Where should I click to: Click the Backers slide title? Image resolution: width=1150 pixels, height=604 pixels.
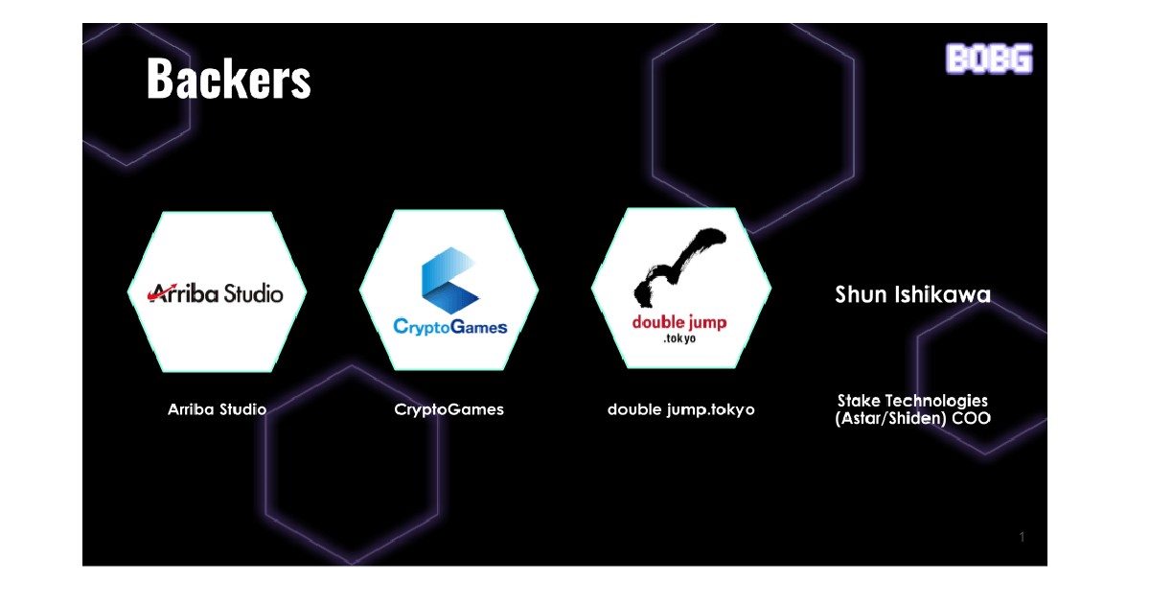click(x=228, y=78)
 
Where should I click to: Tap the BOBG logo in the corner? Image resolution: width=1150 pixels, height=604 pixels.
click(x=989, y=58)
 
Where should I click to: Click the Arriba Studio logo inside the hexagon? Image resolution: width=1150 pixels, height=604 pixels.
click(x=216, y=293)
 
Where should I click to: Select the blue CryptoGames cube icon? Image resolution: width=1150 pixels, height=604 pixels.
click(x=449, y=280)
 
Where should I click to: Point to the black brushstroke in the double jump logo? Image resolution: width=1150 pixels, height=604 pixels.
click(x=680, y=267)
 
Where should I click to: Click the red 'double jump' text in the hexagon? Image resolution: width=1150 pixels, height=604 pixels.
click(x=679, y=323)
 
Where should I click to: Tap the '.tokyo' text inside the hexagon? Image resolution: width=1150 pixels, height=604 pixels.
click(x=679, y=338)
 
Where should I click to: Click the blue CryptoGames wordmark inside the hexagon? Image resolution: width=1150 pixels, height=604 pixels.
click(x=450, y=327)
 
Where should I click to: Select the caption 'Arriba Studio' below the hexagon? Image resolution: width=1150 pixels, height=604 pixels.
click(x=218, y=409)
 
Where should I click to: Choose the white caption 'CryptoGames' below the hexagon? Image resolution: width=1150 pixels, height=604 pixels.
click(x=449, y=410)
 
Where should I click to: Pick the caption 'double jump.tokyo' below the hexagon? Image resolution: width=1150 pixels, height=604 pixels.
click(x=681, y=409)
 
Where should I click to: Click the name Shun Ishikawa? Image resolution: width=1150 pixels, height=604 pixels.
click(x=912, y=294)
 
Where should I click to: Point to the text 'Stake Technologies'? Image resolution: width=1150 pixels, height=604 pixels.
click(x=912, y=401)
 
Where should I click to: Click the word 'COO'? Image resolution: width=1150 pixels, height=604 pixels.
click(x=972, y=418)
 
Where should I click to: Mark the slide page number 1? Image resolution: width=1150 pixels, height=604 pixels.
click(x=1022, y=537)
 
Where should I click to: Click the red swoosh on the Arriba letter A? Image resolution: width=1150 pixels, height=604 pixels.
click(x=161, y=291)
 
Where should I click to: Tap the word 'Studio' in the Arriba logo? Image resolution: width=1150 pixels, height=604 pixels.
click(x=253, y=293)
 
